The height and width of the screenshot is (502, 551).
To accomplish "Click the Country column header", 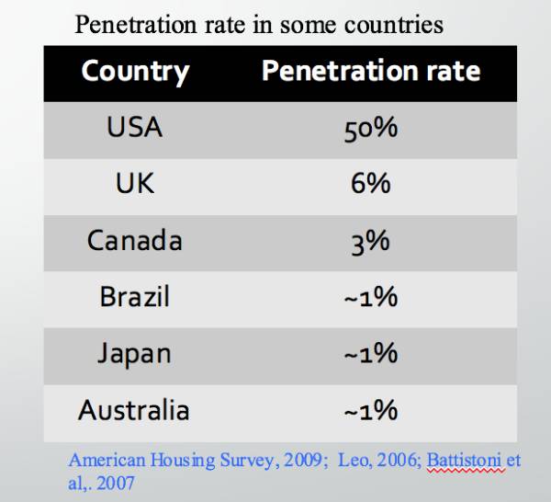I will click(135, 72).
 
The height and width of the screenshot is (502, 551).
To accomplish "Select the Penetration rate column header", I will click(371, 72).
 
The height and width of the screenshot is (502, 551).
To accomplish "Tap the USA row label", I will click(134, 127).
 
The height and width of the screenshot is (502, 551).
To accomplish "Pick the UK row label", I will click(134, 183).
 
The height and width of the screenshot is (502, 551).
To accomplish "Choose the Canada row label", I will click(134, 240).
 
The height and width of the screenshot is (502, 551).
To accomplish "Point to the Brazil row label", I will click(134, 297).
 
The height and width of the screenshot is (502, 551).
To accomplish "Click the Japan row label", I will click(134, 353).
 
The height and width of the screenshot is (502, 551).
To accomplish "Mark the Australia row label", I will click(134, 410).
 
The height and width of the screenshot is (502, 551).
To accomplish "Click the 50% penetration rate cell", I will click(371, 127).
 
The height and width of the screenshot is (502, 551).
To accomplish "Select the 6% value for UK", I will click(371, 183).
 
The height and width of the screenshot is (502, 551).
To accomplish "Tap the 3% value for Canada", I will click(371, 240).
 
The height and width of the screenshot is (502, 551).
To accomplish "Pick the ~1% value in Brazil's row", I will click(371, 297).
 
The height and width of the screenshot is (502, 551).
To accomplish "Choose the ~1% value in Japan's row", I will click(371, 353).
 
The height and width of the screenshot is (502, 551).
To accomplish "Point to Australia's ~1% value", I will click(371, 410).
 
